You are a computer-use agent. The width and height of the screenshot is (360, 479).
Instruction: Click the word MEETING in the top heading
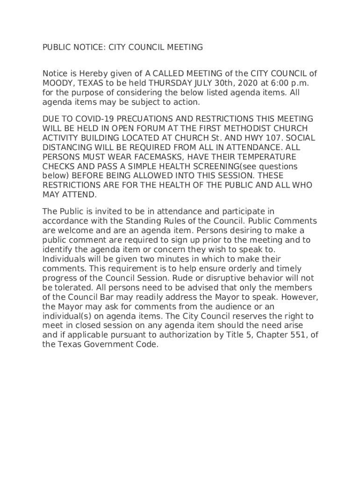pos(184,47)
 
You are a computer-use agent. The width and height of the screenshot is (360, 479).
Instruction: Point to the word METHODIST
pos(225,129)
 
